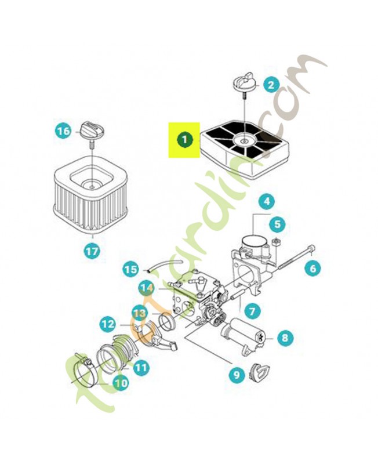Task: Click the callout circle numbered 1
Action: pos(184,140)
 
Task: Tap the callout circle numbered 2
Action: pos(271,85)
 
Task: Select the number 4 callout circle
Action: pos(266,202)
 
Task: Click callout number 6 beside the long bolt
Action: pos(312,268)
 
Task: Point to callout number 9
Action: pos(236,375)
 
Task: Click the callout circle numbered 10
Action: pos(121,383)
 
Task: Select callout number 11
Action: pos(141,367)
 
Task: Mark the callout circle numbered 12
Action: pos(108,324)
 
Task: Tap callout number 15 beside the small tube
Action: pos(131,269)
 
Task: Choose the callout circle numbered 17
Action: pos(92,251)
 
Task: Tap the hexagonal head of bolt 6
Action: pos(313,250)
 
